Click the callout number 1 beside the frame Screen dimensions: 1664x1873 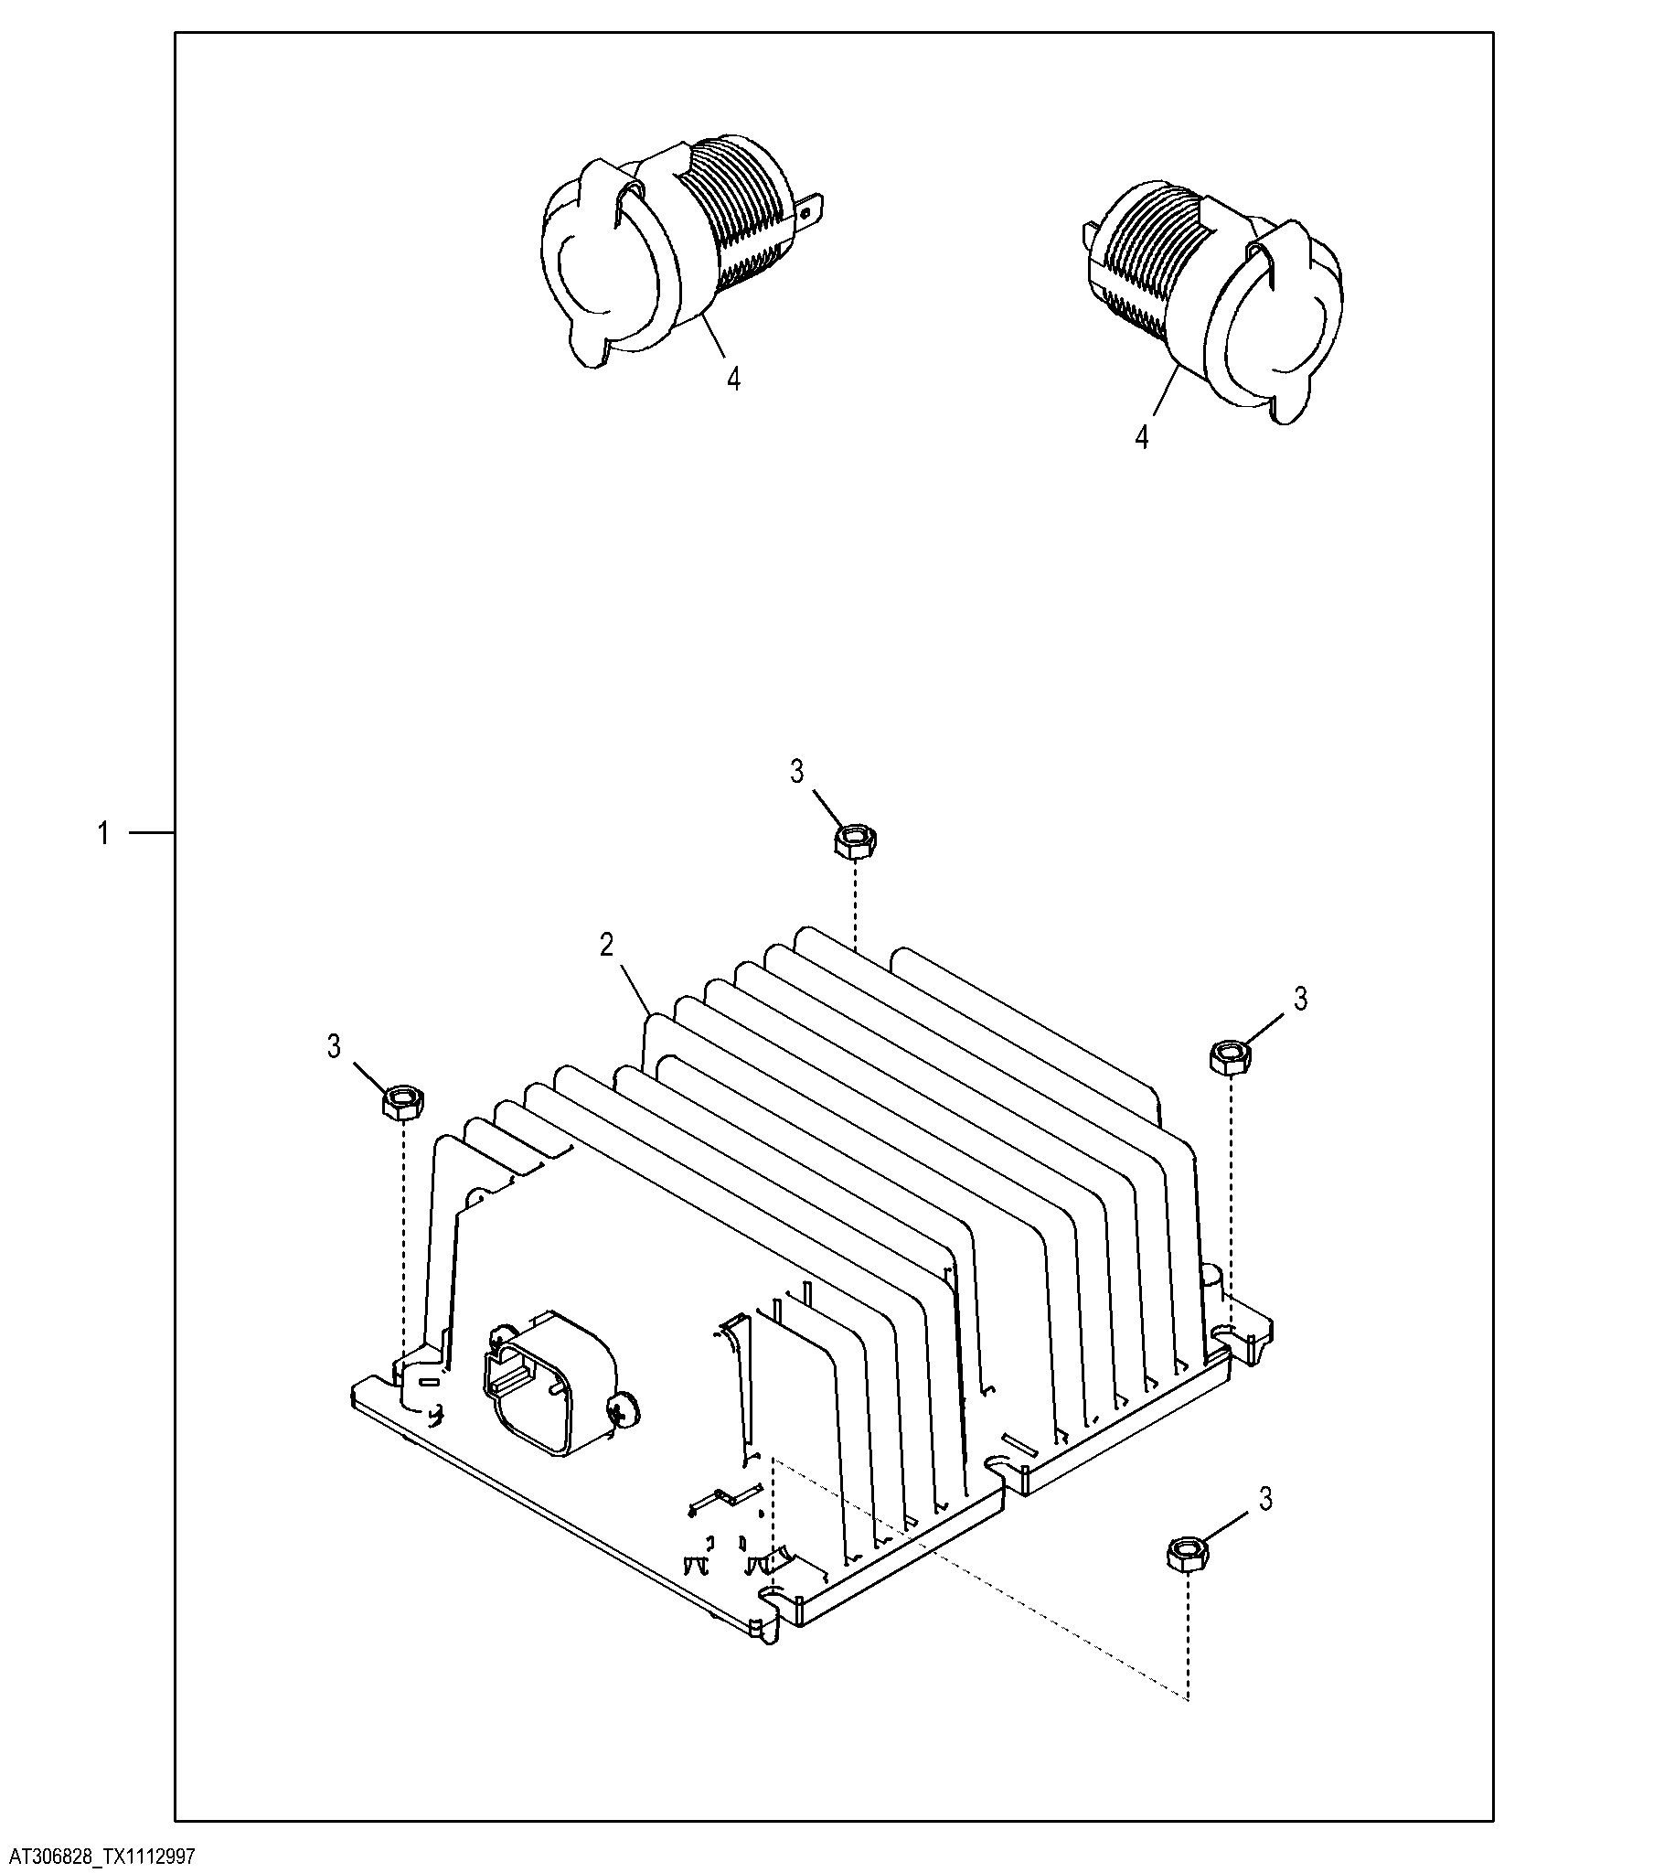click(103, 834)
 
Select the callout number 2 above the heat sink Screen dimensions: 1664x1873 click(606, 946)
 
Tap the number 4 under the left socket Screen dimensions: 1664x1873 click(733, 379)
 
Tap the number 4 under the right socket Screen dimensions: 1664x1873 click(1142, 437)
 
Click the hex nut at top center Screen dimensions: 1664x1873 click(856, 840)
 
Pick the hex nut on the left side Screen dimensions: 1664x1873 click(401, 1101)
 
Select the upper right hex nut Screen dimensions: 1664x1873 click(1231, 1058)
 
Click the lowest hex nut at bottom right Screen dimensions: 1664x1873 click(1189, 1556)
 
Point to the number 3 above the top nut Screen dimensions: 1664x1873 click(797, 773)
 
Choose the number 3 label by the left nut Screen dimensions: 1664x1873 click(334, 1046)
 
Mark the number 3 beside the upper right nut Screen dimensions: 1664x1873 click(1301, 1000)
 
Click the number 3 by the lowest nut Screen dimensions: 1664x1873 click(1265, 1499)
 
